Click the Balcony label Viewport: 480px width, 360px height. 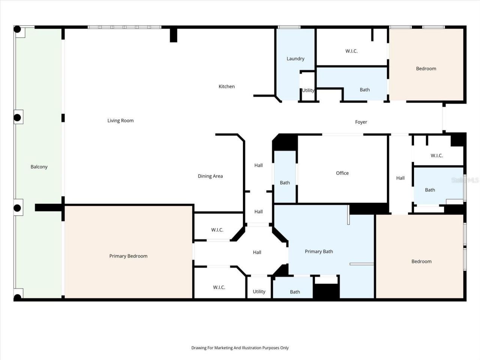click(39, 167)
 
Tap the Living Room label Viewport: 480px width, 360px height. click(120, 120)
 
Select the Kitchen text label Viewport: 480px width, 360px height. click(226, 87)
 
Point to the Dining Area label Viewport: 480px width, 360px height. click(210, 176)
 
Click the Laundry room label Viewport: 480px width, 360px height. click(295, 58)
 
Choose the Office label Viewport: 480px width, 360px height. click(342, 173)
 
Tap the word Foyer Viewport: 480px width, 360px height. click(361, 122)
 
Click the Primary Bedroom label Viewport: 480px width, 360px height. click(128, 256)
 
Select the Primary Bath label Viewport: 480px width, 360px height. click(319, 252)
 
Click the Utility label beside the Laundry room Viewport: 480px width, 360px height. click(308, 90)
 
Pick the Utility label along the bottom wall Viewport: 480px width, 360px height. click(259, 291)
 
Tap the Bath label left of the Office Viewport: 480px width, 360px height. click(285, 183)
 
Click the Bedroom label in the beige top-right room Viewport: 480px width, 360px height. click(426, 69)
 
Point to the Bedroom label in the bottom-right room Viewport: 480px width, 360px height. click(421, 261)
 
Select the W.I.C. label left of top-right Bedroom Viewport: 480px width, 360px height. click(351, 51)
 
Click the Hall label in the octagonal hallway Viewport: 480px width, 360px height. click(257, 252)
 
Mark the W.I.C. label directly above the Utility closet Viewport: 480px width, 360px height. click(219, 287)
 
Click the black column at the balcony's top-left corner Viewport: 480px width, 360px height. click(17, 29)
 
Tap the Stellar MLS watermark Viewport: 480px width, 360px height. click(465, 180)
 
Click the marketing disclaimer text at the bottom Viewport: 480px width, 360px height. click(240, 348)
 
